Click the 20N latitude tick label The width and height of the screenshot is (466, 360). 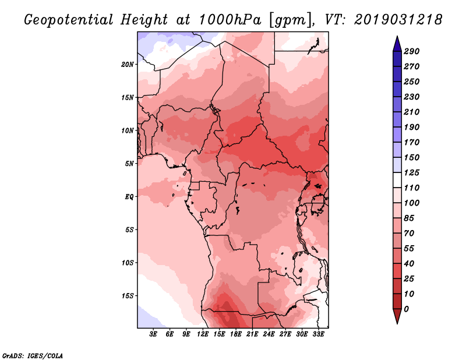pos(128,65)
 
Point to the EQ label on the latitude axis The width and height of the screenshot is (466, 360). pos(129,197)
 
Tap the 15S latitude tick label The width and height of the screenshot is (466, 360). pos(128,296)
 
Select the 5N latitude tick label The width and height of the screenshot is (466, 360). pos(129,164)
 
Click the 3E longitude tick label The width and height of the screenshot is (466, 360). pos(153,334)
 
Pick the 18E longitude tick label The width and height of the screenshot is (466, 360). pos(236,334)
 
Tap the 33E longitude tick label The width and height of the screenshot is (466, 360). pos(318,334)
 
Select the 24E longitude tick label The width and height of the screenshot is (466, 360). pos(269,334)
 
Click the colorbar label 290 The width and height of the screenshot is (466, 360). pos(412,51)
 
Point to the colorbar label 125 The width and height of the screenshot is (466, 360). pos(412,172)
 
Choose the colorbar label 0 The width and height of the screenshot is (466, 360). pos(407,309)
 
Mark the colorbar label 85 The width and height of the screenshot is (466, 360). pos(409,218)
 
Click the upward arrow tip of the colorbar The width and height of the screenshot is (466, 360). pos(397,36)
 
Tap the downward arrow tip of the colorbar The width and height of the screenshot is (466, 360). pos(397,323)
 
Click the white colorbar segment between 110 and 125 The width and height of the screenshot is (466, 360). pos(397,180)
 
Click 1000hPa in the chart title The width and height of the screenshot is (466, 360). pos(230,20)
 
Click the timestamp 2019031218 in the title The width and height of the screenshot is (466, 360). pos(398,20)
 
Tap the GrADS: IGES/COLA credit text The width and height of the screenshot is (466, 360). pos(33,356)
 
